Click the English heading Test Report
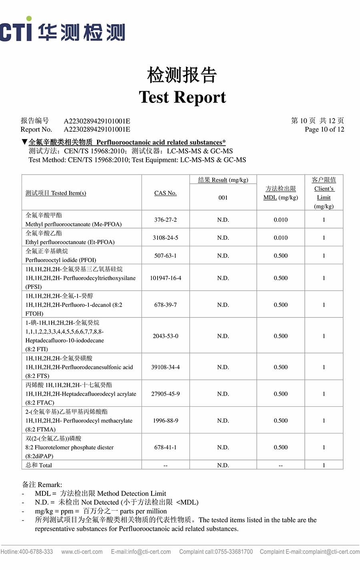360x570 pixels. [x=182, y=97]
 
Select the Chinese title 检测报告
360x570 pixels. [x=182, y=75]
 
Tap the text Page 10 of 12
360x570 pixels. [x=324, y=129]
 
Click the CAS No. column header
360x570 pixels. [x=165, y=193]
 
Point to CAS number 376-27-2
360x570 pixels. [x=165, y=220]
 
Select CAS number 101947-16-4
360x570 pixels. [x=165, y=278]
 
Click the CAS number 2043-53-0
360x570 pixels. [x=165, y=336]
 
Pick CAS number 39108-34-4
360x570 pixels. [x=165, y=367]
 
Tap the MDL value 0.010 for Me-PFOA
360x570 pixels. [x=280, y=220]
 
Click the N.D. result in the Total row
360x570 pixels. [x=223, y=465]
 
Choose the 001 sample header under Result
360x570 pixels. [x=223, y=197]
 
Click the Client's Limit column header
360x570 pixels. [x=324, y=193]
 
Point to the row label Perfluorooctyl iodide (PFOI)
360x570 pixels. [x=61, y=260]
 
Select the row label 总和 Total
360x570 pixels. [x=39, y=465]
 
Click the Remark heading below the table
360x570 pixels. [x=42, y=485]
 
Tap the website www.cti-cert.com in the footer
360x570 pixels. [x=82, y=552]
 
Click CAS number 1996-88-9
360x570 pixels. [x=165, y=421]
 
